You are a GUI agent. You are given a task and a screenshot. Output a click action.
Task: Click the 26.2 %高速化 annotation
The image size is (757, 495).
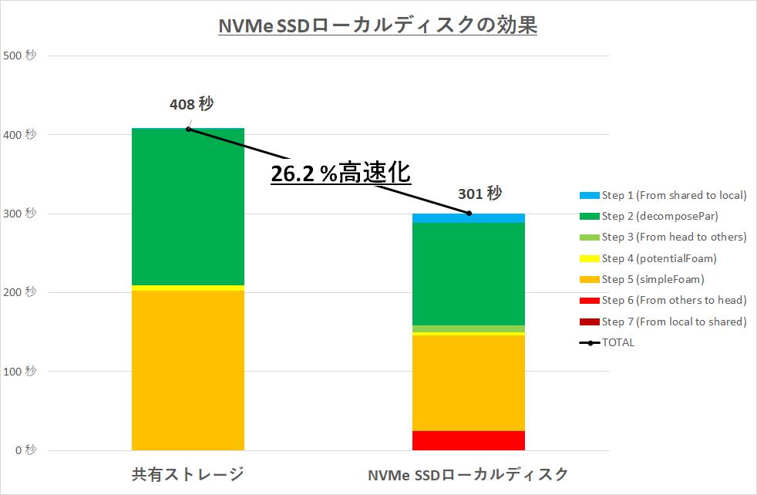[341, 173]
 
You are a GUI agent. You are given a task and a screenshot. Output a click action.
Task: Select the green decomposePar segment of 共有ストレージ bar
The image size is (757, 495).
[188, 207]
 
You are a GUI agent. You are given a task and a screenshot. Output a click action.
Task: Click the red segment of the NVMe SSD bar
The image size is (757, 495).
[469, 440]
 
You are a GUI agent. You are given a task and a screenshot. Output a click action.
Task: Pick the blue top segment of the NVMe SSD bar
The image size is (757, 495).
[469, 218]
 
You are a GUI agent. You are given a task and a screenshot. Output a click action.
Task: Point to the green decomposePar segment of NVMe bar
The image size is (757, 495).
[469, 274]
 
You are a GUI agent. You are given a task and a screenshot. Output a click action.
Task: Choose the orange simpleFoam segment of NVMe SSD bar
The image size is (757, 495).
[469, 382]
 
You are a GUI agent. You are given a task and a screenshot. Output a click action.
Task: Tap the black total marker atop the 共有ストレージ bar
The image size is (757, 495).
[188, 129]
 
